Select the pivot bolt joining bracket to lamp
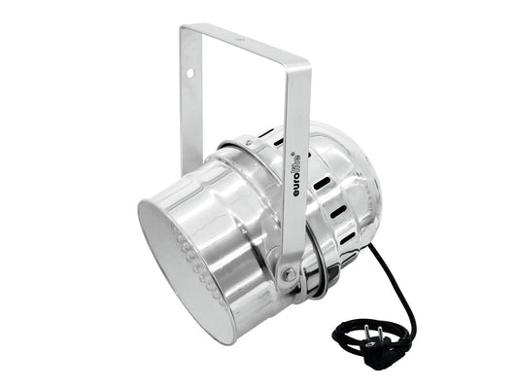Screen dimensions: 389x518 [x=287, y=274]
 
